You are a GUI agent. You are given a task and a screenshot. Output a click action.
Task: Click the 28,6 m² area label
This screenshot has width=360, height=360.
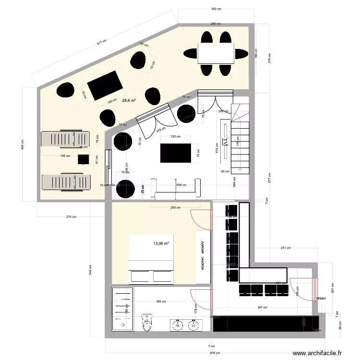tap(129, 101)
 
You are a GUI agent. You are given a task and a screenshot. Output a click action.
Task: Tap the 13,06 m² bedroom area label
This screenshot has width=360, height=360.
tap(161, 244)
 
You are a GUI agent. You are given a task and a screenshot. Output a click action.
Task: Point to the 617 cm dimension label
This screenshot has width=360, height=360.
tap(101, 43)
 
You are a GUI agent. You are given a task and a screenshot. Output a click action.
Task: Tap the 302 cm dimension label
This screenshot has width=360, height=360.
tap(216, 9)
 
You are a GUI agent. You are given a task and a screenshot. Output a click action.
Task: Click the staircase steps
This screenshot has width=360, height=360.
tap(240, 139)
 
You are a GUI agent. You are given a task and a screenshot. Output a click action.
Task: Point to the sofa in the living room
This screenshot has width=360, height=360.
tap(176, 190)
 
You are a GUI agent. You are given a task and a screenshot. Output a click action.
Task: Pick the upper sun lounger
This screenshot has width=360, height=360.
tap(65, 139)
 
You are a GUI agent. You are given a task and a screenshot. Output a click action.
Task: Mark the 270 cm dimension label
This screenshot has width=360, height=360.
tap(71, 217)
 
